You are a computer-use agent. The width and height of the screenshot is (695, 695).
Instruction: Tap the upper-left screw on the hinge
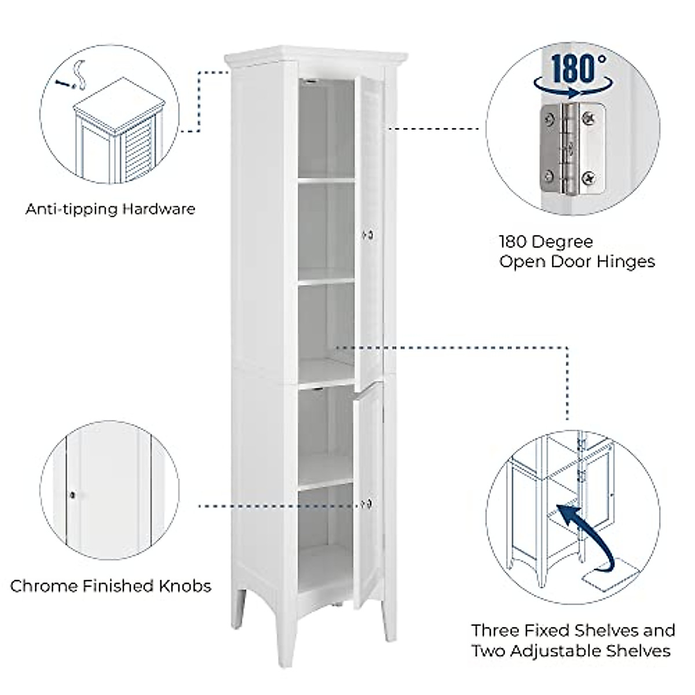tap(548, 120)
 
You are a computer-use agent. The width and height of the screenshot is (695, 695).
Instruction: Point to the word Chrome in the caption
tap(43, 586)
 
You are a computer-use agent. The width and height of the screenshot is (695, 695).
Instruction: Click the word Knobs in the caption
tap(185, 586)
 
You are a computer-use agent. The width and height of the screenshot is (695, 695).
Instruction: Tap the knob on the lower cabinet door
tap(367, 503)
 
